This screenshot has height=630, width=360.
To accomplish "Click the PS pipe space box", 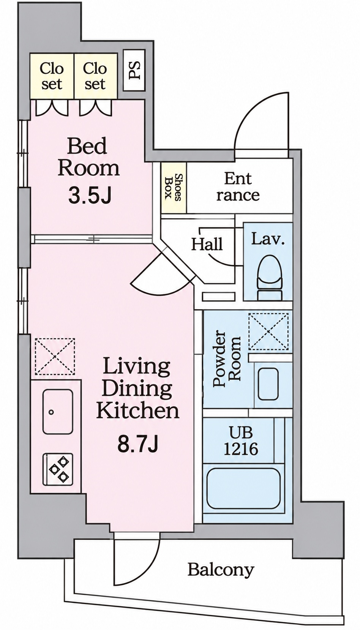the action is click(x=134, y=70).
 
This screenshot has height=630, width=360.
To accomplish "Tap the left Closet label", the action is click(x=52, y=76).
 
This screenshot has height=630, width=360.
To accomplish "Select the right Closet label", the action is click(x=95, y=76).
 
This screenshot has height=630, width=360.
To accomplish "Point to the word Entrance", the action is click(x=238, y=187).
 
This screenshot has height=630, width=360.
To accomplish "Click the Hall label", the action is click(x=207, y=244).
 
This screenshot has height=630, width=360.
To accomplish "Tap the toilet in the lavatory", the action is click(x=270, y=278).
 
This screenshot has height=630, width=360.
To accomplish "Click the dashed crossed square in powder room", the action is click(x=268, y=331).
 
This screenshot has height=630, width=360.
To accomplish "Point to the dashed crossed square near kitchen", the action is click(x=55, y=356).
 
